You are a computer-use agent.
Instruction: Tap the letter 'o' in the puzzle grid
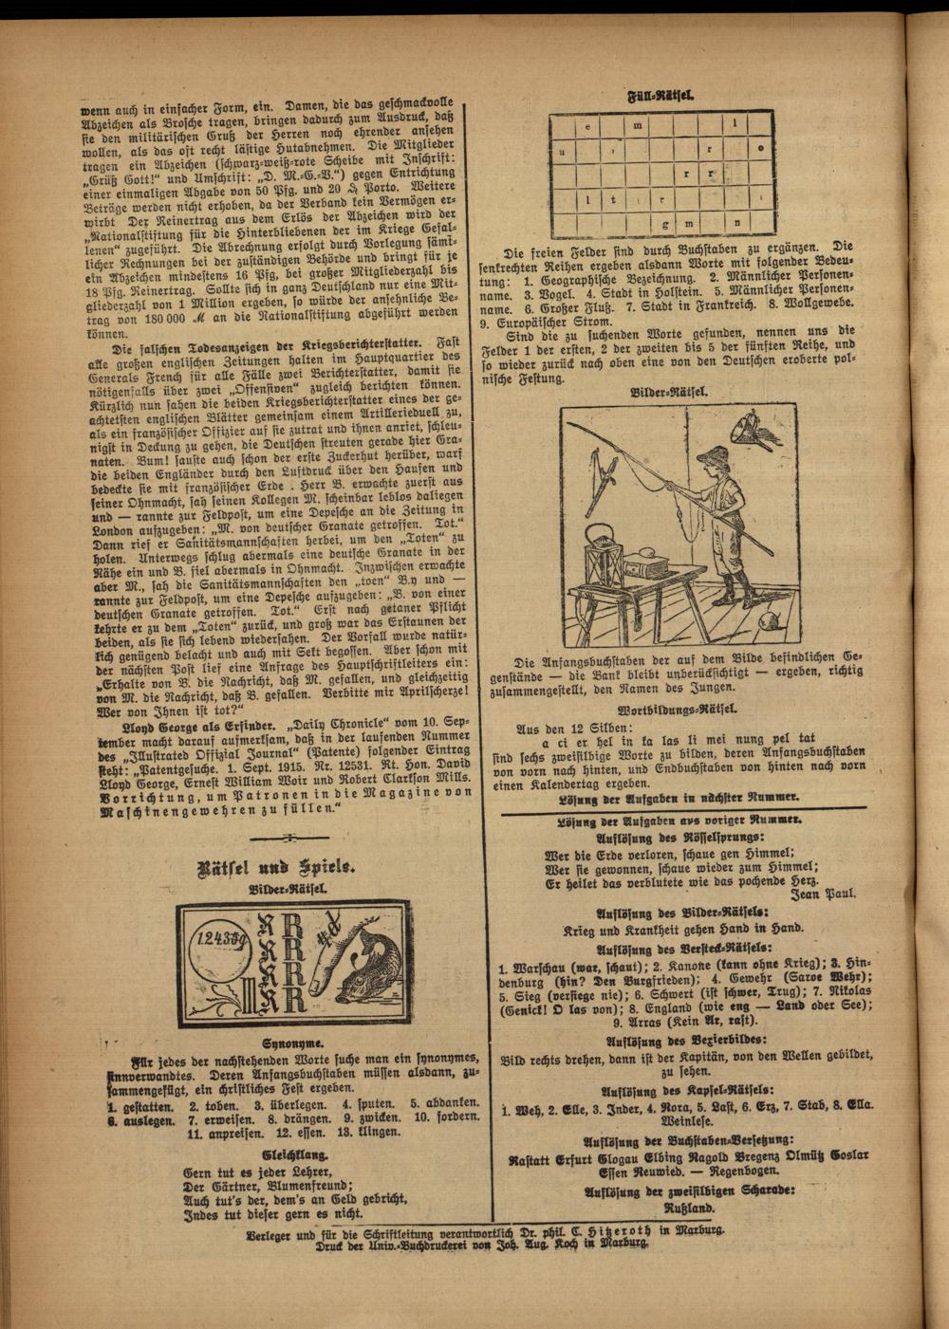(760, 149)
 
